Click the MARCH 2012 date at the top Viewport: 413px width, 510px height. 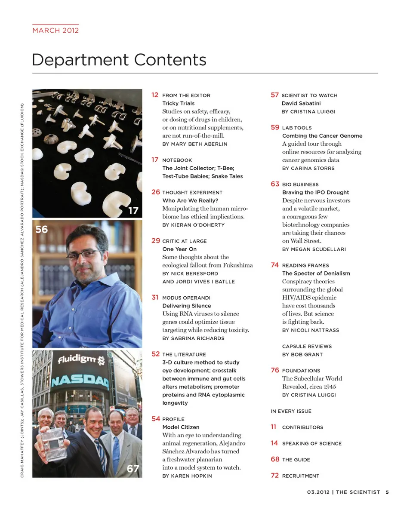(55, 31)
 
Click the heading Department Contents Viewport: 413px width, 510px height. (119, 60)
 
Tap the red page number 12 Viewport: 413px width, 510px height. (155, 95)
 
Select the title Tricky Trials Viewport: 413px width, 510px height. (178, 103)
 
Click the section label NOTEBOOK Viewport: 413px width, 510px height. (177, 160)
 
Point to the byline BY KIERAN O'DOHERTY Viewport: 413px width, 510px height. (193, 225)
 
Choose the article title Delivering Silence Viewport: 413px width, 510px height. (186, 306)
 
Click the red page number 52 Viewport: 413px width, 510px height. (155, 354)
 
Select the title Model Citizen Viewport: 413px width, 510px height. (181, 427)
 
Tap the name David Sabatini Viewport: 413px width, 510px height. (301, 103)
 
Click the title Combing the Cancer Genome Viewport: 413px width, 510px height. (322, 136)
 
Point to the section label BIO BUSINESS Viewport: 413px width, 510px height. (300, 184)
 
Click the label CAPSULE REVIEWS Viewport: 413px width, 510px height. (307, 346)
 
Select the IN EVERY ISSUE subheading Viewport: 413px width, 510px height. (291, 411)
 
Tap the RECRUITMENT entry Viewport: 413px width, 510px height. (300, 476)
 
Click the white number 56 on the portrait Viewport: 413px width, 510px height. (42, 230)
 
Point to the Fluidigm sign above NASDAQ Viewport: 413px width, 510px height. (80, 359)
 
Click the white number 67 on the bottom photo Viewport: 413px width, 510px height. (133, 469)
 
